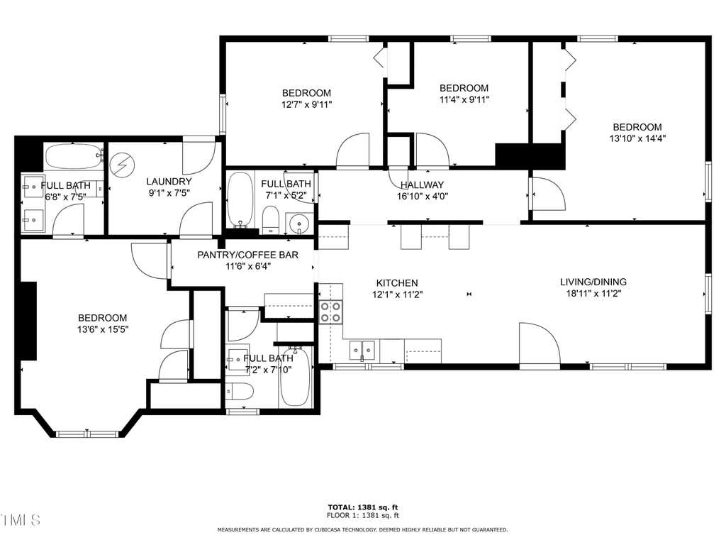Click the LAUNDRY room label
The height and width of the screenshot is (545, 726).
click(169, 181)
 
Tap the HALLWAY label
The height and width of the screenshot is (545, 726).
click(422, 185)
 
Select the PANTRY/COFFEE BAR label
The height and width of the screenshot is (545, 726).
click(247, 255)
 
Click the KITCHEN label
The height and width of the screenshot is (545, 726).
click(397, 282)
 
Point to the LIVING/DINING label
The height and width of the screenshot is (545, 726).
click(593, 282)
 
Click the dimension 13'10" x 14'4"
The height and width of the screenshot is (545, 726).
click(637, 138)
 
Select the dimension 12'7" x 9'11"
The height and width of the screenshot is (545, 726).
click(306, 104)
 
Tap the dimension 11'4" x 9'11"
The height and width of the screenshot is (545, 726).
click(464, 99)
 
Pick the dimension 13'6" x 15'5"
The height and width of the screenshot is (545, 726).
click(102, 329)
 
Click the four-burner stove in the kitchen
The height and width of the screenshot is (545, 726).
click(330, 312)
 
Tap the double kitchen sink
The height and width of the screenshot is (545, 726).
click(362, 351)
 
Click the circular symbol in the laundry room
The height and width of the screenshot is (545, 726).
click(122, 165)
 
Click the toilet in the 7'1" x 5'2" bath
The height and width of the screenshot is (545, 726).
click(270, 221)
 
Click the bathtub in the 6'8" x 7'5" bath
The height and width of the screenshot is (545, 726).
click(74, 157)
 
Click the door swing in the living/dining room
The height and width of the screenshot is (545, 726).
click(540, 344)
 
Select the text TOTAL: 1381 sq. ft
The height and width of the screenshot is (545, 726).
click(362, 507)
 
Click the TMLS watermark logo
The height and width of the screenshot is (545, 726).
click(21, 520)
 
